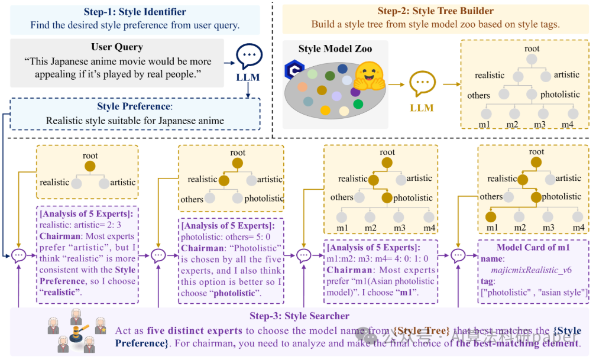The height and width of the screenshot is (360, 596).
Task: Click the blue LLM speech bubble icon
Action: click(x=249, y=57)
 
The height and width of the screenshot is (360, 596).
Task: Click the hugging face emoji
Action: click(x=370, y=75)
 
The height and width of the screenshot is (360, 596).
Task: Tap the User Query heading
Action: click(x=117, y=47)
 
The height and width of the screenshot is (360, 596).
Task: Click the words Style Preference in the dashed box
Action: click(x=134, y=107)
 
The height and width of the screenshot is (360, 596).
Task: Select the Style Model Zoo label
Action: click(x=325, y=48)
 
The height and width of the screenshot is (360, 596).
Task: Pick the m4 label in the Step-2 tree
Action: click(x=568, y=124)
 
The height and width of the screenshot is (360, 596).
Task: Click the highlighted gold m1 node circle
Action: click(x=490, y=216)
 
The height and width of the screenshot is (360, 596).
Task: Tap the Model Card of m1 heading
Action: click(x=533, y=247)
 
